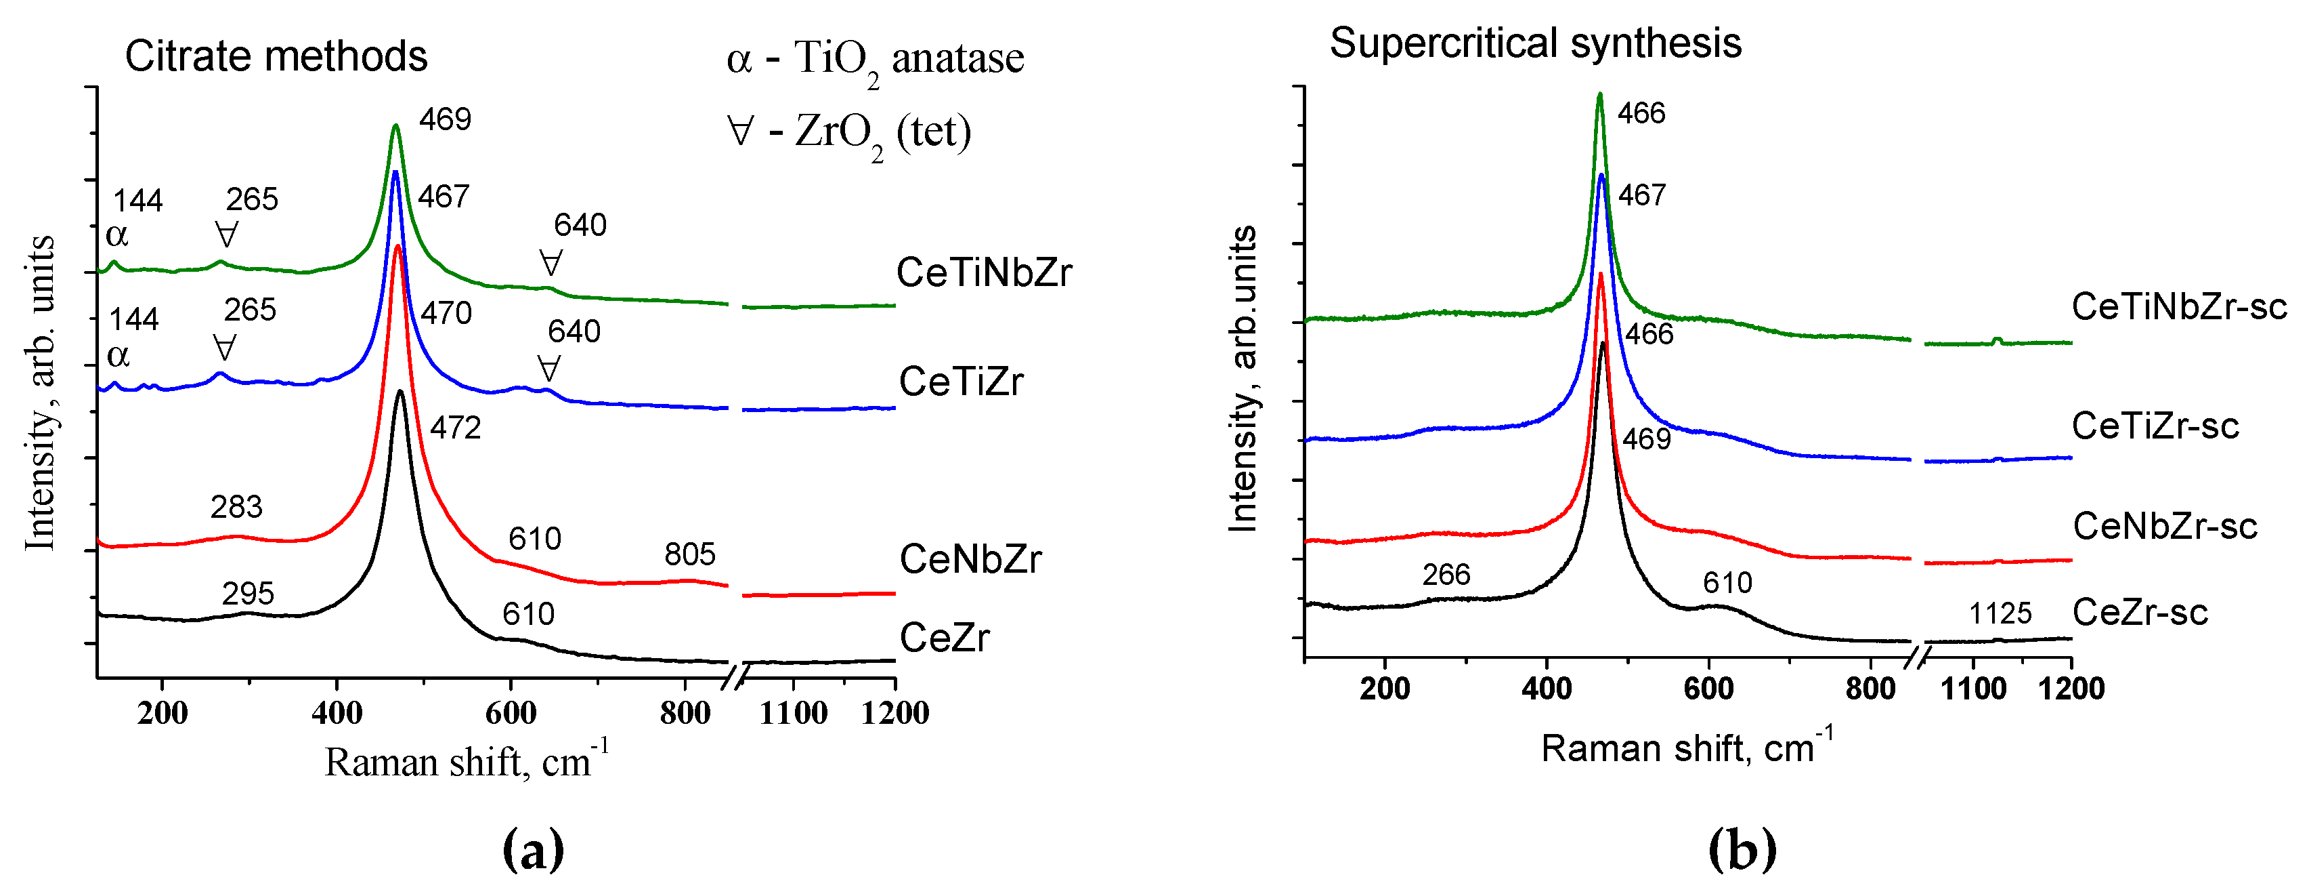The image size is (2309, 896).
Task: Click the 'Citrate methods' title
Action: click(x=276, y=56)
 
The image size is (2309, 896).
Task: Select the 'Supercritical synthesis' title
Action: click(x=1534, y=43)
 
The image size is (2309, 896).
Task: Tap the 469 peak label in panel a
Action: click(x=445, y=119)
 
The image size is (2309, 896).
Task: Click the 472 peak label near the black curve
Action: click(x=455, y=428)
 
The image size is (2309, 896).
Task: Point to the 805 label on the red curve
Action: click(x=689, y=554)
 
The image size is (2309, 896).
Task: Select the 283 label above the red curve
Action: click(x=236, y=508)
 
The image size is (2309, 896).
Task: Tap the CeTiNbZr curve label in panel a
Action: click(x=983, y=272)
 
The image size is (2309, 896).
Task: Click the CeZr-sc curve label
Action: click(x=2140, y=613)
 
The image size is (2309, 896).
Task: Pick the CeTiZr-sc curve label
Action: click(x=2155, y=426)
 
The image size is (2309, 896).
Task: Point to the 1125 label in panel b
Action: click(x=2000, y=613)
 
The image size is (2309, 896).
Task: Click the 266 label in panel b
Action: click(x=1446, y=575)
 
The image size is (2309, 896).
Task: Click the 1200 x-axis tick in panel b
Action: click(x=2071, y=689)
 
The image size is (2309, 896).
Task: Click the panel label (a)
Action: click(x=534, y=849)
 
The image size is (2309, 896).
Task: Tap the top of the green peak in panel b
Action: click(x=1599, y=94)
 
